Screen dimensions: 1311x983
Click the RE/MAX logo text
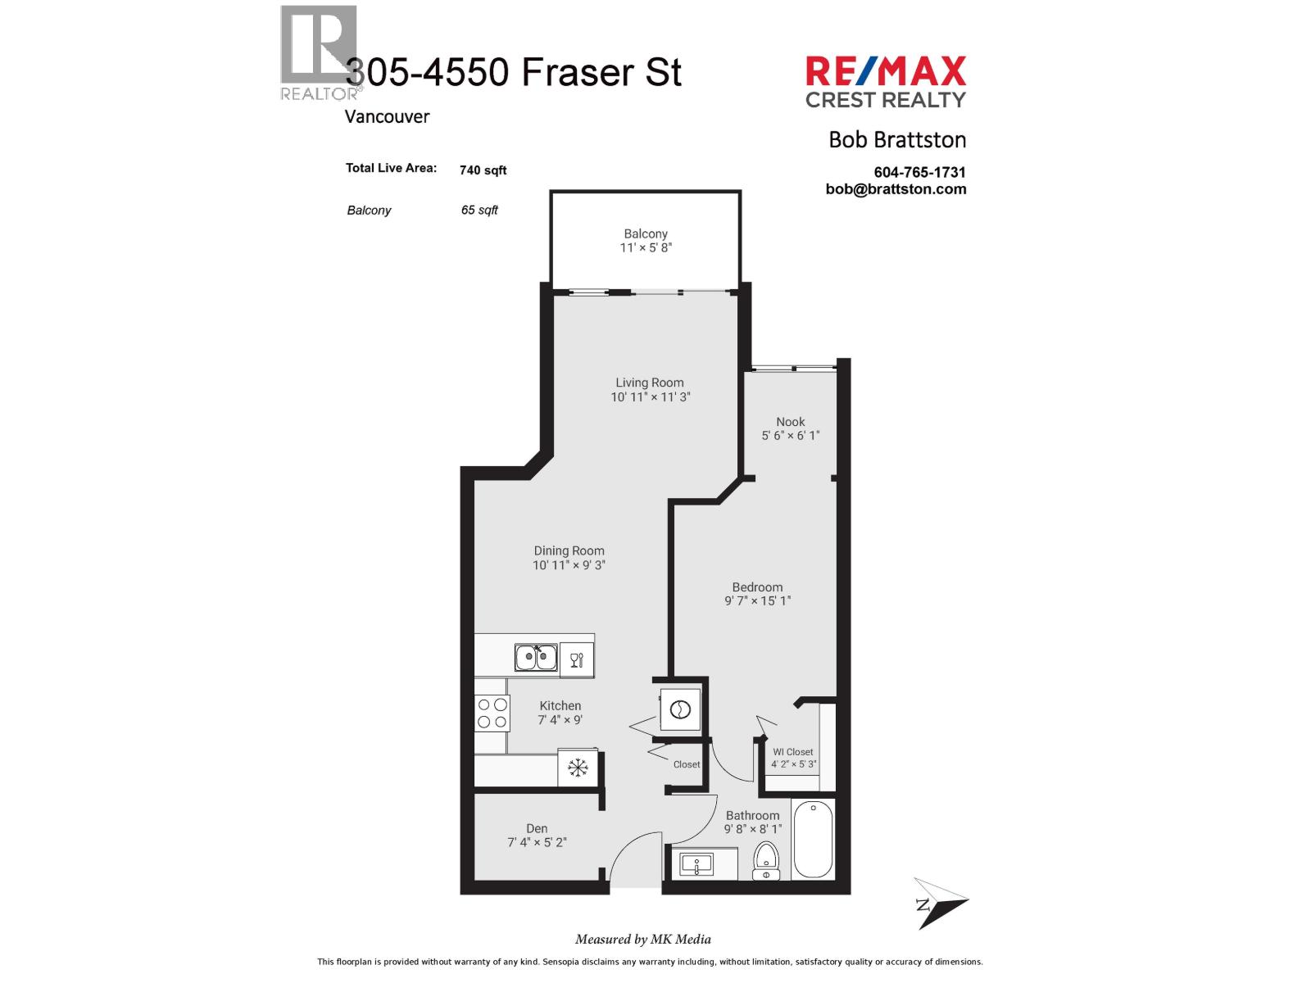tap(885, 71)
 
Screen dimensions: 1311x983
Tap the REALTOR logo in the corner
tap(320, 52)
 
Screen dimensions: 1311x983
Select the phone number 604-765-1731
tap(919, 172)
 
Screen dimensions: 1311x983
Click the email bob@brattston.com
tap(896, 189)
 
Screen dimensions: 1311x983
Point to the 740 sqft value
tap(483, 170)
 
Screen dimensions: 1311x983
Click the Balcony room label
tap(645, 234)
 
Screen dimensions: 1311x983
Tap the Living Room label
tap(649, 383)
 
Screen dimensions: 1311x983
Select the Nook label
tap(790, 421)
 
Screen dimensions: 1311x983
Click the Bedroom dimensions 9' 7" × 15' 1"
tap(757, 600)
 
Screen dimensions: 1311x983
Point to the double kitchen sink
tap(536, 656)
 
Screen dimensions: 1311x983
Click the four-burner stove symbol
tap(492, 713)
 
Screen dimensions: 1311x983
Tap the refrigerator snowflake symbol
tap(578, 767)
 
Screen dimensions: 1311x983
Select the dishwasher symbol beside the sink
tap(576, 659)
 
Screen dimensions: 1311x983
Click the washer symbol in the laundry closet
tap(680, 709)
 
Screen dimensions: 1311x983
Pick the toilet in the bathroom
tap(765, 860)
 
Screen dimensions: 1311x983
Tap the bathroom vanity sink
tap(696, 864)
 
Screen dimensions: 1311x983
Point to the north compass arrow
tap(940, 902)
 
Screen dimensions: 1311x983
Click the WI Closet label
tap(792, 752)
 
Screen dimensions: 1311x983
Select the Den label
tap(537, 828)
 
